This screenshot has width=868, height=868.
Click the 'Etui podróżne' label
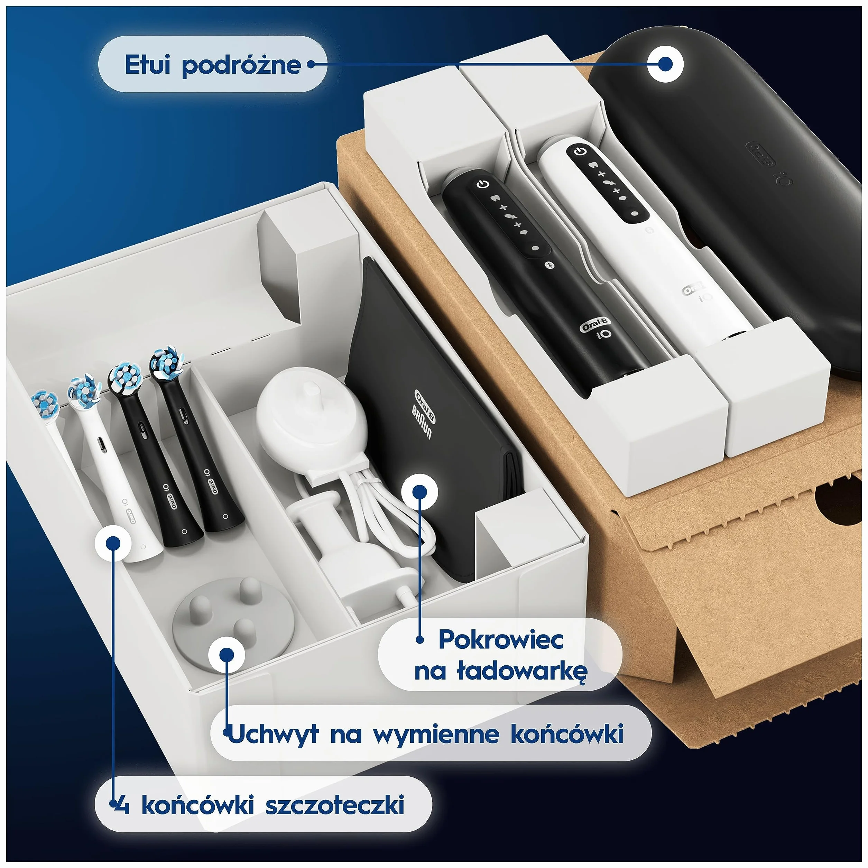click(213, 65)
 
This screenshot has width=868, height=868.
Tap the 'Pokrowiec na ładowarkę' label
click(500, 655)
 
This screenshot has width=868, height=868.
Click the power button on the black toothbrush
click(482, 184)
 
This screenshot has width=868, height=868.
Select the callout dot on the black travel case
click(665, 64)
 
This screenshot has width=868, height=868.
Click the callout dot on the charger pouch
click(419, 491)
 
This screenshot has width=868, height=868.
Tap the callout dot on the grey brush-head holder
click(227, 654)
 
